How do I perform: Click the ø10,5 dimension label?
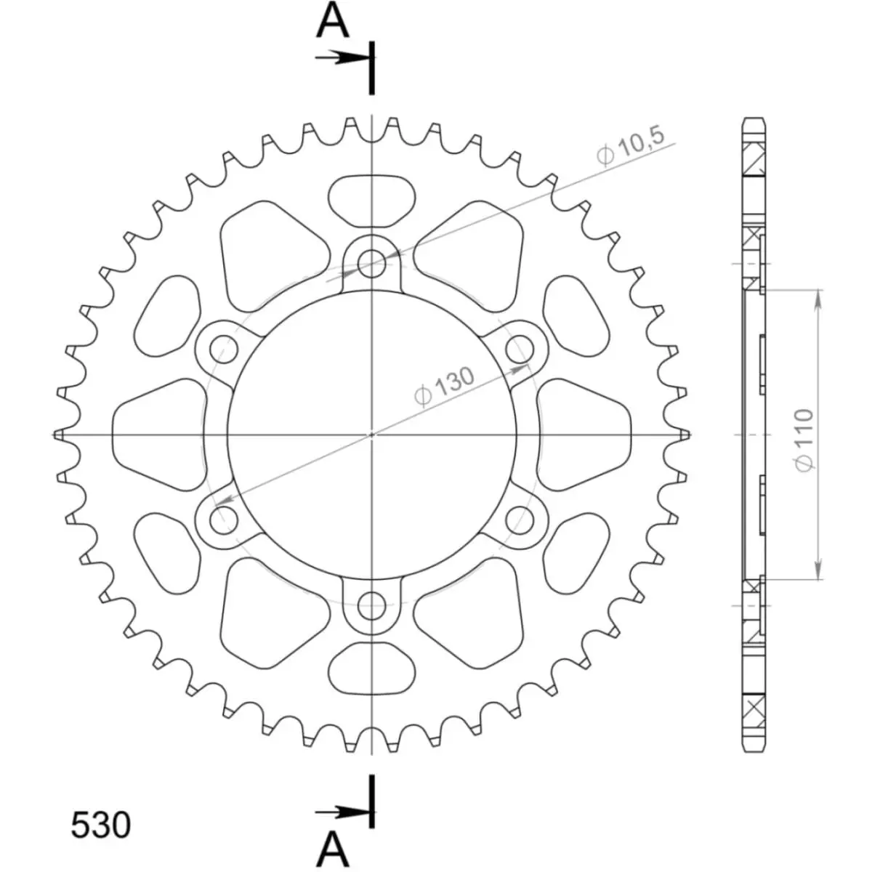pyautogui.click(x=630, y=149)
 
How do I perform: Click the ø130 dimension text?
pyautogui.click(x=443, y=386)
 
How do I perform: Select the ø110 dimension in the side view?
pyautogui.click(x=804, y=439)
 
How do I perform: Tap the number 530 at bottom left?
pyautogui.click(x=101, y=825)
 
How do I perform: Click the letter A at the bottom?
pyautogui.click(x=334, y=846)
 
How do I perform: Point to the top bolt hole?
pyautogui.click(x=372, y=264)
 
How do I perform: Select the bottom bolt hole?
pyautogui.click(x=372, y=604)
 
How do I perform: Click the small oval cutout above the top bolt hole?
pyautogui.click(x=372, y=198)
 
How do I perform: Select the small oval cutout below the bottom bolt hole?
pyautogui.click(x=372, y=670)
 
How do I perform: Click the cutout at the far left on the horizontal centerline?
pyautogui.click(x=156, y=434)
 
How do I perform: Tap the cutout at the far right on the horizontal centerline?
pyautogui.click(x=587, y=434)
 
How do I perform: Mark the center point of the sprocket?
pyautogui.click(x=372, y=435)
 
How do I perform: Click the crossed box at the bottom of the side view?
pyautogui.click(x=754, y=706)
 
